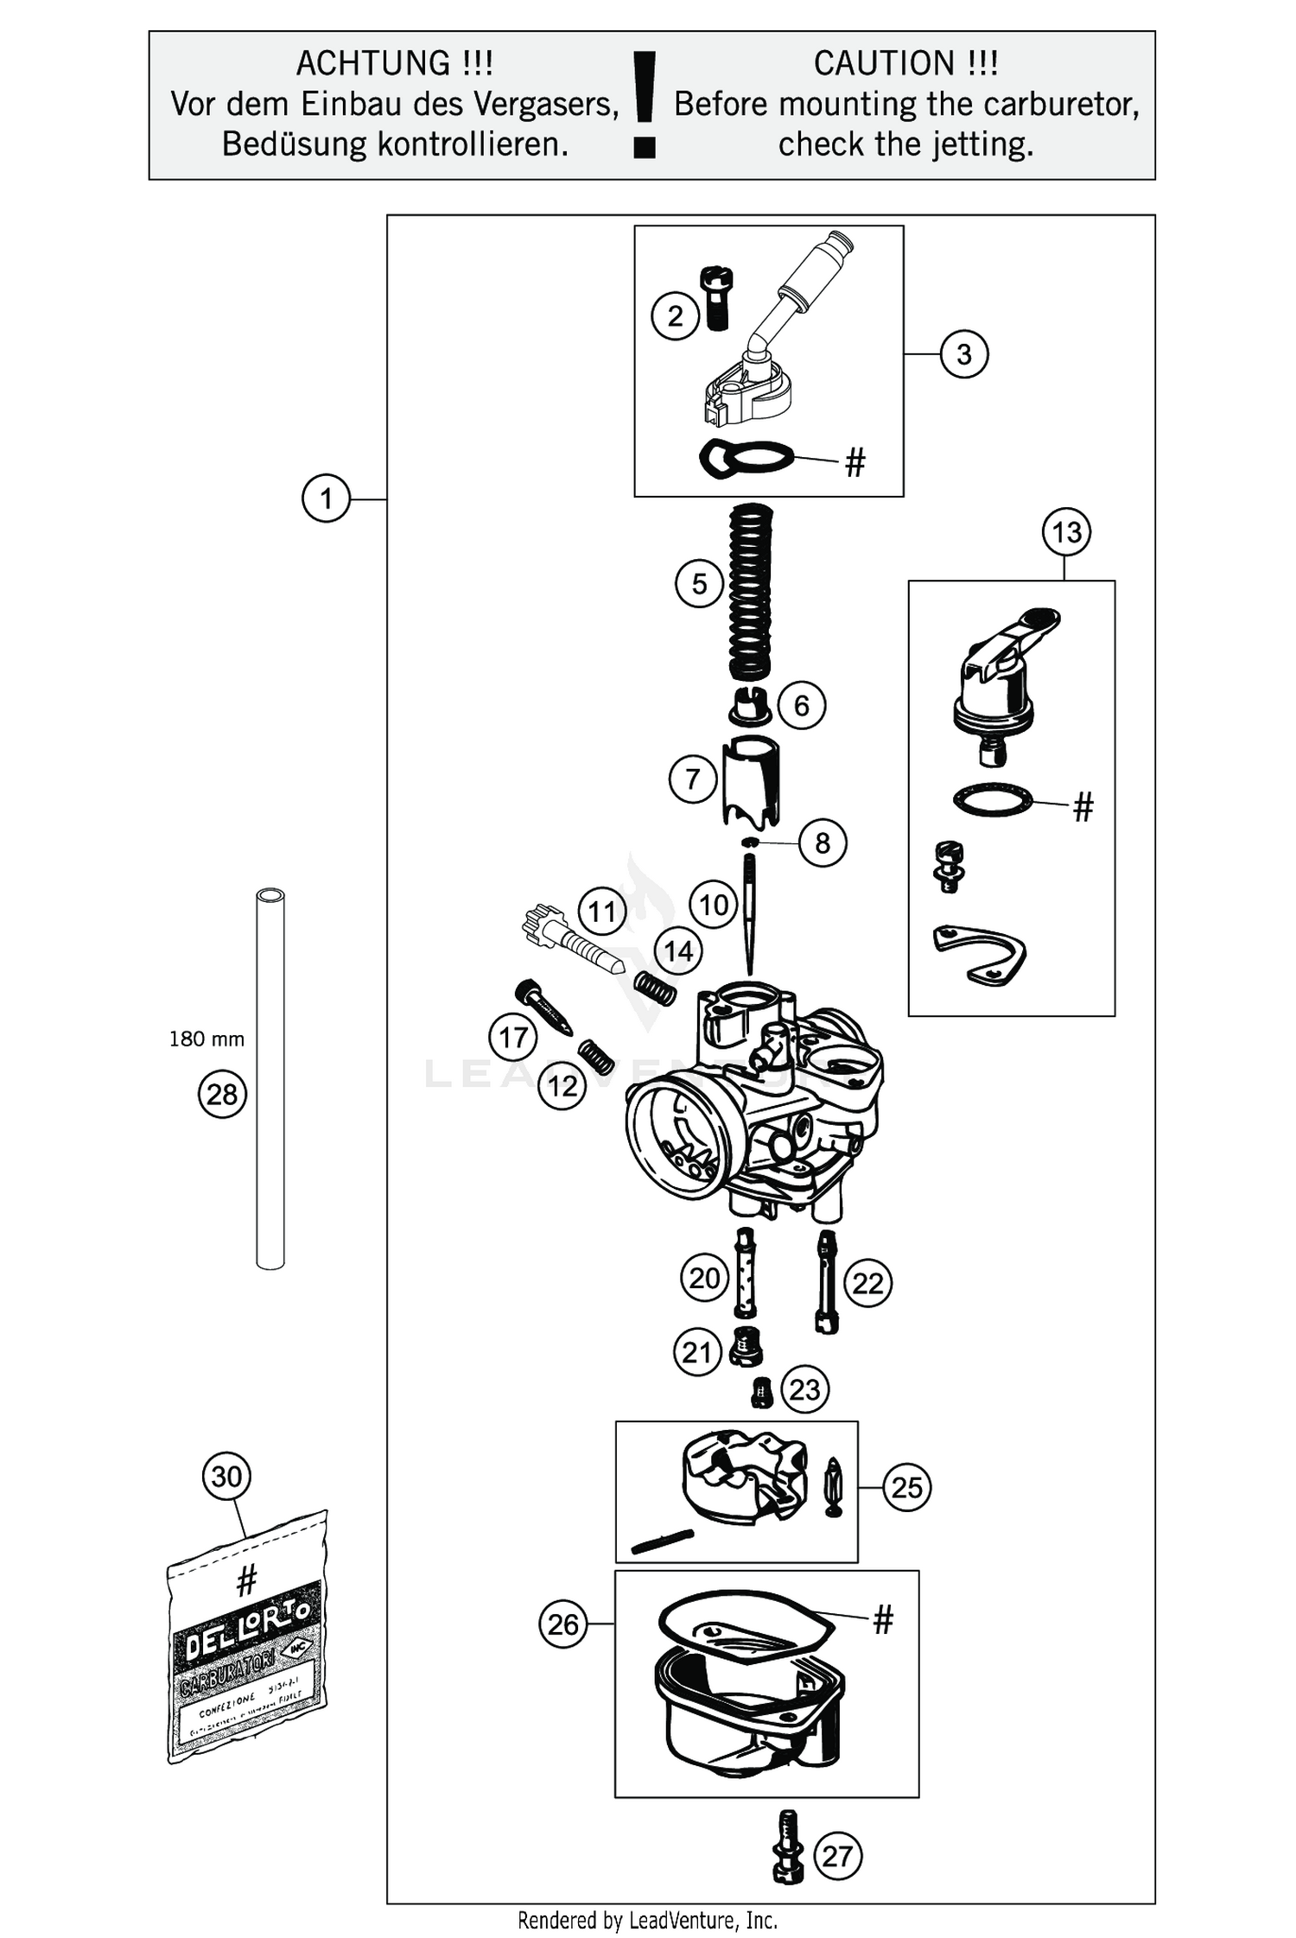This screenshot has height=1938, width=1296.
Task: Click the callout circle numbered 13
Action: (1066, 532)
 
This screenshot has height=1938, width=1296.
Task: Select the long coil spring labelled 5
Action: (750, 593)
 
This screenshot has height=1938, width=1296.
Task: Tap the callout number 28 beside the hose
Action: (222, 1095)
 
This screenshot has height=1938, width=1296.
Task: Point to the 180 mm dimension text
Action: (206, 1039)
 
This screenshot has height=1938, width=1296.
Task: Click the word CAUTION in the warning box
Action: (883, 63)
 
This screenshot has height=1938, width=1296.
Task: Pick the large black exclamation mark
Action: (645, 105)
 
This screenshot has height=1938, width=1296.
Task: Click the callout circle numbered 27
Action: (837, 1856)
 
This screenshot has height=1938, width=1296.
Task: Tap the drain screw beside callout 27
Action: (786, 1847)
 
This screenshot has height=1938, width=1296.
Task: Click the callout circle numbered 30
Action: (226, 1477)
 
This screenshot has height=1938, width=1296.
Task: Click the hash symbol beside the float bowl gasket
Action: (882, 1620)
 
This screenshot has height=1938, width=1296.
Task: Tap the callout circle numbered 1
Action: (326, 499)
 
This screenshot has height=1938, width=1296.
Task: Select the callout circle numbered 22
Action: (867, 1283)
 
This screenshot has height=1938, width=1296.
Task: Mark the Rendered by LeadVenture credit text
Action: (647, 1920)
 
